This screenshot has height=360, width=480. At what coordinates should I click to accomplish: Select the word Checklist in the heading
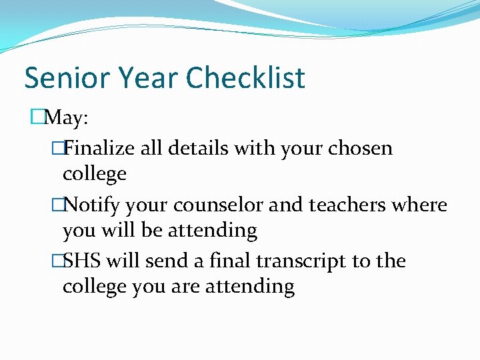click(x=245, y=78)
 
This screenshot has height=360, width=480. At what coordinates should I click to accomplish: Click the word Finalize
click(x=100, y=148)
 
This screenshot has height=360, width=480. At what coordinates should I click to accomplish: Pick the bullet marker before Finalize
click(x=57, y=148)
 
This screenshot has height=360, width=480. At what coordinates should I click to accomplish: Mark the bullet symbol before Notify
click(x=57, y=205)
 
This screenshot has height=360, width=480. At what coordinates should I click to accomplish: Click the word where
click(x=421, y=205)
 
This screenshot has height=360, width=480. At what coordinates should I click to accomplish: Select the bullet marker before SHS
click(x=57, y=261)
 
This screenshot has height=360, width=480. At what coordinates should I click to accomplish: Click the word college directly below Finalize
click(x=94, y=175)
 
